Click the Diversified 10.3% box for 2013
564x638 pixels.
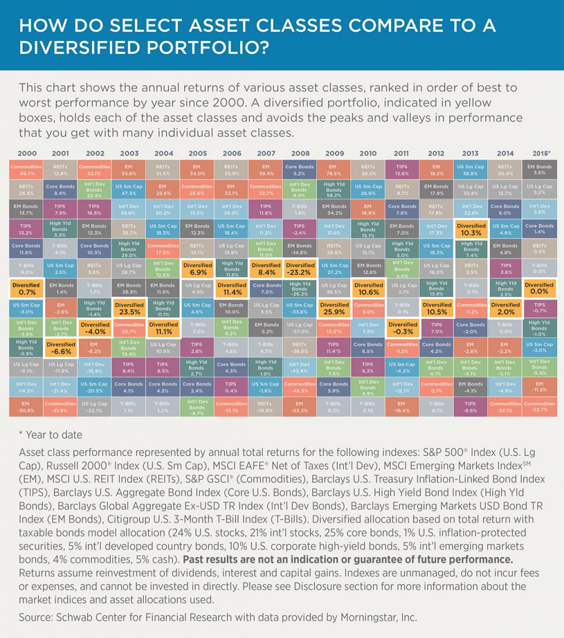[471, 229]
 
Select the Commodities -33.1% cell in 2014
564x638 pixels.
[505, 407]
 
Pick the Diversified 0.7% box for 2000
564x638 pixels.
[26, 288]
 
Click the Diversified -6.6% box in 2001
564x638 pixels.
[60, 348]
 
